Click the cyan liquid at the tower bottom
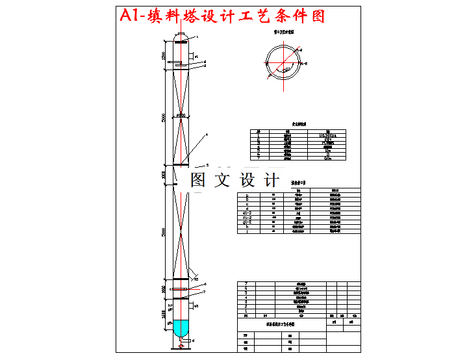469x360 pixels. pos(180,328)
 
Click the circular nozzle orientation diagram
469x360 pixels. pos(284,62)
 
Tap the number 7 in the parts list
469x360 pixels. pos(246,284)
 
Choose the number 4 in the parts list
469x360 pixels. pos(246,298)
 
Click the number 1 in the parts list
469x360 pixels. pos(246,311)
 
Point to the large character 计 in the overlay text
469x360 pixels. pos(271,180)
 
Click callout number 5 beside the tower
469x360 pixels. pos(207,165)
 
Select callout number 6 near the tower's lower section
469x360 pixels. pos(205,284)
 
